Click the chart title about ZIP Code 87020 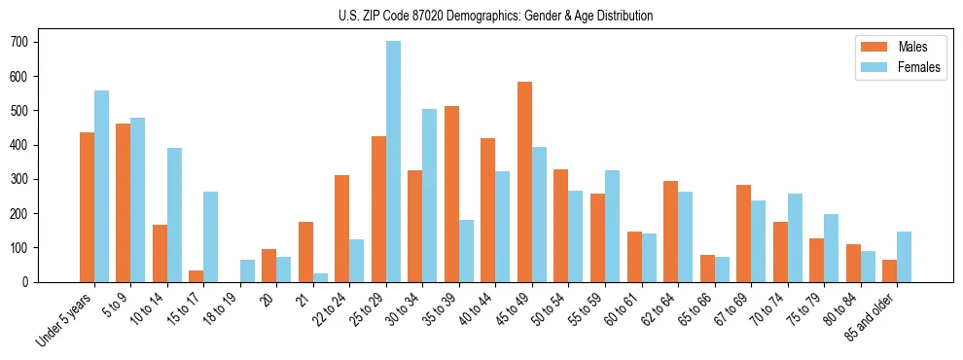tap(481, 16)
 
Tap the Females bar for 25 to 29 tap(393, 162)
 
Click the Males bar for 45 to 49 tap(524, 182)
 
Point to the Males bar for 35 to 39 tap(451, 194)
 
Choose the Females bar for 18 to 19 tap(247, 270)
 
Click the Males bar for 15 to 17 tap(196, 275)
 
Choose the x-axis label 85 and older tap(872, 316)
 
